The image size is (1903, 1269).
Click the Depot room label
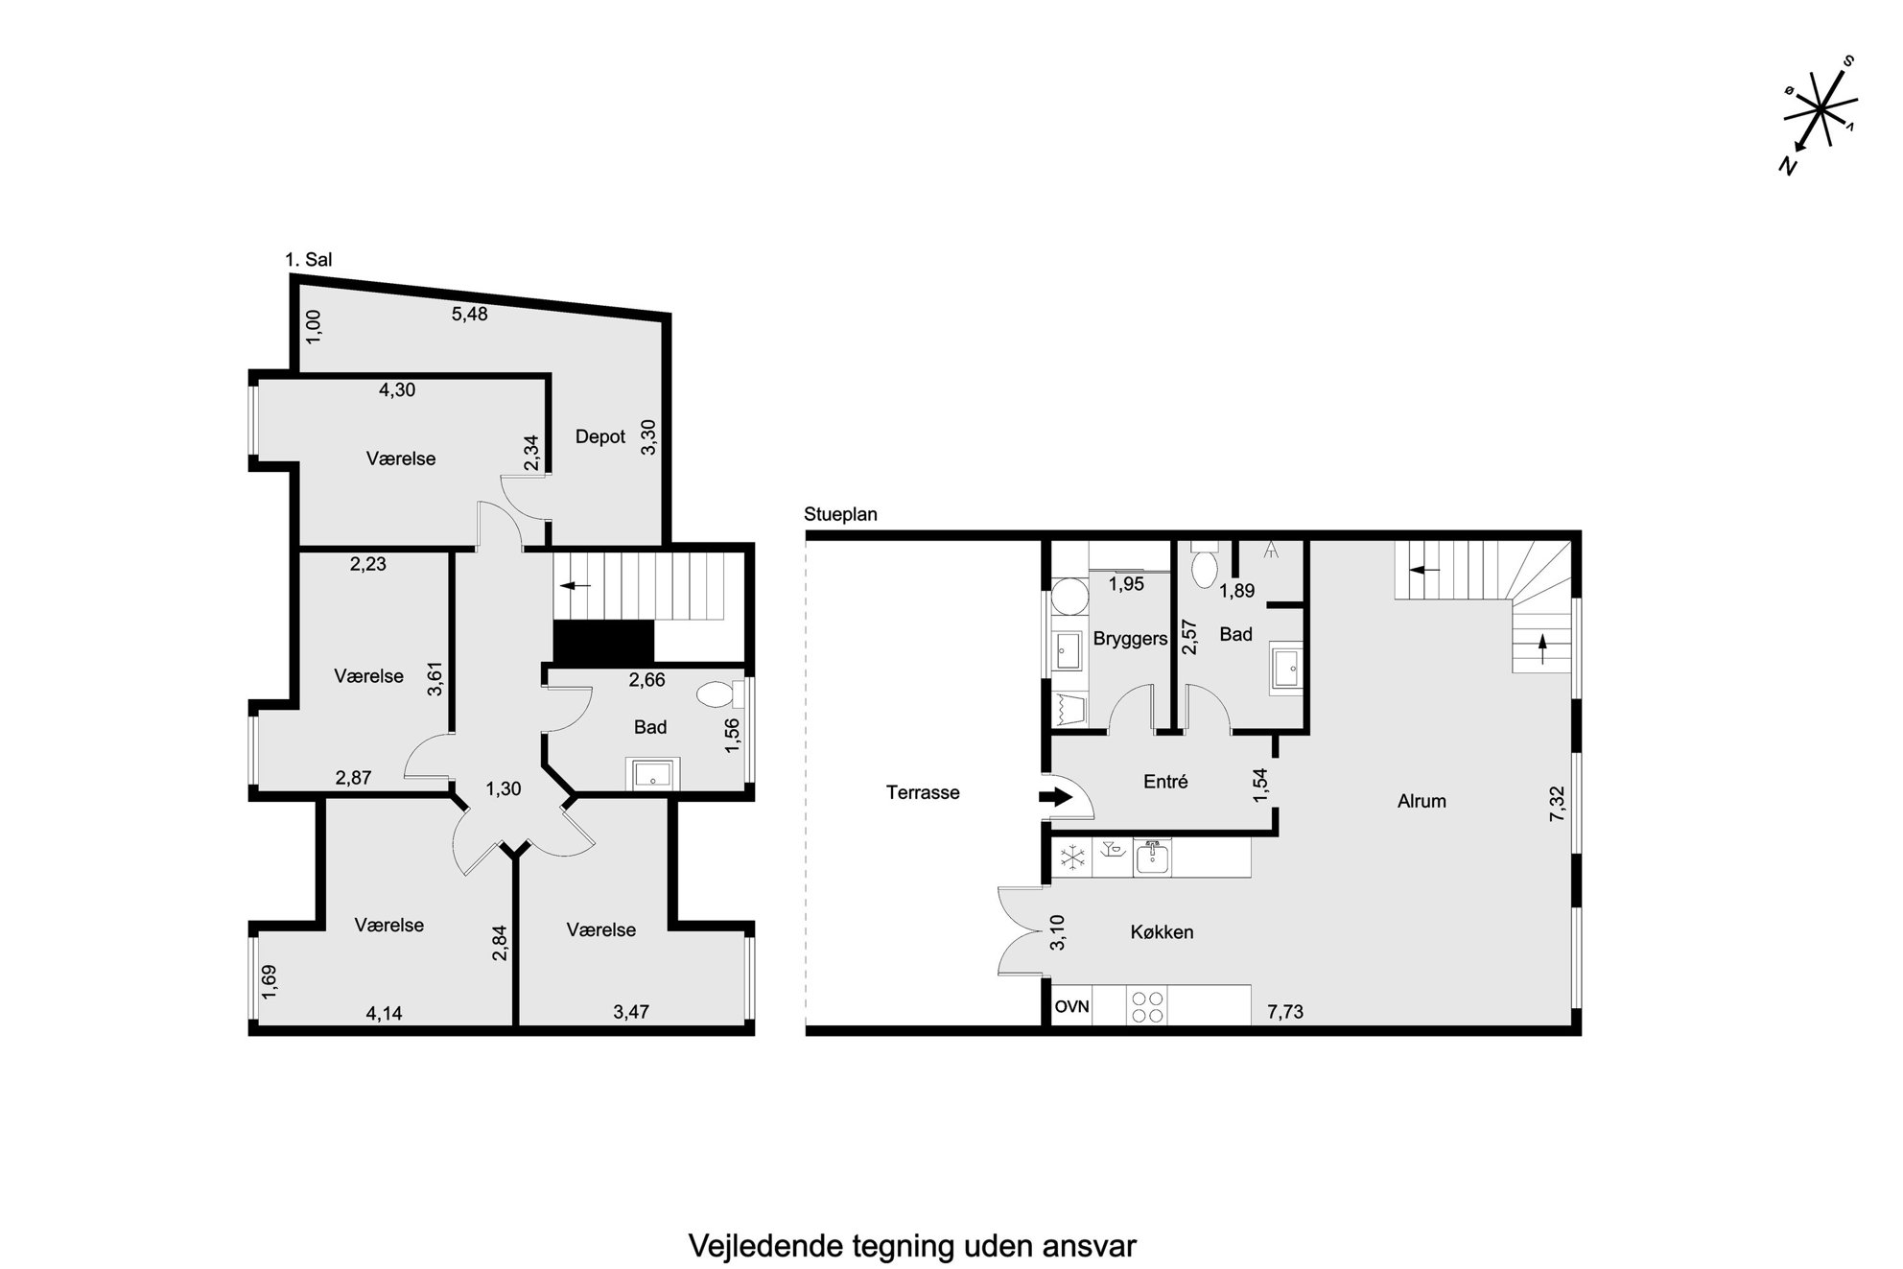(x=600, y=437)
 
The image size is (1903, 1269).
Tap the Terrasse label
(x=923, y=792)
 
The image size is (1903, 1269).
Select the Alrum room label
(x=1421, y=801)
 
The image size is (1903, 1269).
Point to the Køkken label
(x=1162, y=931)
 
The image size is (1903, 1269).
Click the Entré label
(x=1165, y=782)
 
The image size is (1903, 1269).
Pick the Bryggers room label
(x=1131, y=639)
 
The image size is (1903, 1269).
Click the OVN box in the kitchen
(x=1072, y=1007)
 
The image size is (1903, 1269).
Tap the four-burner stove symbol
(x=1147, y=1007)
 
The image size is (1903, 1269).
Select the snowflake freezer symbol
(x=1070, y=858)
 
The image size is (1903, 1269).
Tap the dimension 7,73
(x=1285, y=1011)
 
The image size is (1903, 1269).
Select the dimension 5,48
(x=470, y=314)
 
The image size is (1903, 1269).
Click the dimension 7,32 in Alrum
(x=1557, y=804)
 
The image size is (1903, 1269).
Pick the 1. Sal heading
(x=309, y=259)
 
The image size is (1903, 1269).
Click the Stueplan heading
(x=840, y=514)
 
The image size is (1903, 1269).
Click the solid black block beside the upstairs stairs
(x=603, y=641)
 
